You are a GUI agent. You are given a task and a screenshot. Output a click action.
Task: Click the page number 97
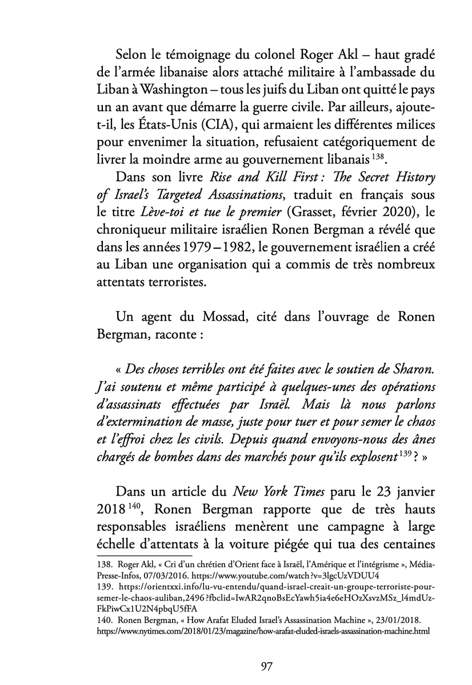[x=236, y=664]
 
